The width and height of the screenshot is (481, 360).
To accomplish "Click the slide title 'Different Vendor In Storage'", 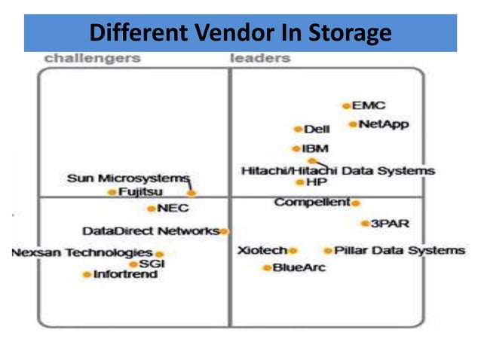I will point(240,33).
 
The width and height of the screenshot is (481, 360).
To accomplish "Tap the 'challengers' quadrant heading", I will point(92,58).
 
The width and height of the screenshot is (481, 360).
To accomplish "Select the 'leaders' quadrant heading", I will point(260,58).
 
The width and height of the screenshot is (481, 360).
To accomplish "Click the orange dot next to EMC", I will point(346,106).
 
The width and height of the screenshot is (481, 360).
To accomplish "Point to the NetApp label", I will point(384,124).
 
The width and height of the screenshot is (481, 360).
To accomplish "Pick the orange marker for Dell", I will point(298,130).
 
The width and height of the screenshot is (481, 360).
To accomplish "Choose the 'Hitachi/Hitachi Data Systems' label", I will point(338,171).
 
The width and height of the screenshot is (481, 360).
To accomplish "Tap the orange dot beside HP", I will point(299,182).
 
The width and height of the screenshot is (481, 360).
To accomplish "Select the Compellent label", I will point(312,203).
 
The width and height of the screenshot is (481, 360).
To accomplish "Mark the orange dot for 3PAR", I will point(364,224).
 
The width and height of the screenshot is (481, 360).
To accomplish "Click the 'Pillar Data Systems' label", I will point(400,250).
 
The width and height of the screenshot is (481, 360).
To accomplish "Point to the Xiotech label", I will point(262,250).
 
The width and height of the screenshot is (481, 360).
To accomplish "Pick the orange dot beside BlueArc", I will point(266,267).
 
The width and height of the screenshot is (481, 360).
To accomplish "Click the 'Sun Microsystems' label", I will point(127,178).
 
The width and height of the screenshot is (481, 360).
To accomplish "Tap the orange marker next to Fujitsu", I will point(112,193).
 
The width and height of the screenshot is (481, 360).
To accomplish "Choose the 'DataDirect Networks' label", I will point(151,230).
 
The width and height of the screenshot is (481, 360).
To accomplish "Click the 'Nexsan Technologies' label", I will point(82,253).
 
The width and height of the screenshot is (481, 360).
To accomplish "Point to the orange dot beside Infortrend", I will point(87,275).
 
